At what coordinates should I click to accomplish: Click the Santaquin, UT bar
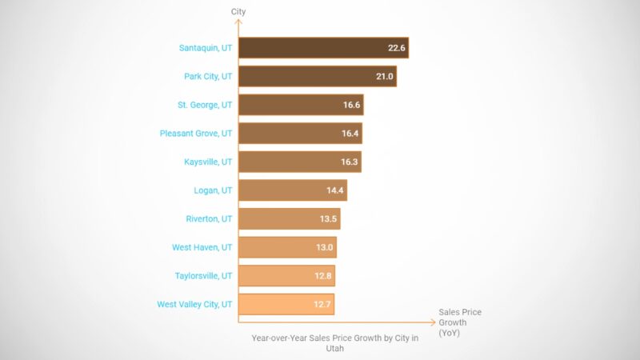(323, 48)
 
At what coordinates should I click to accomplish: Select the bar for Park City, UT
(318, 76)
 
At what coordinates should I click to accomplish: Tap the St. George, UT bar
(301, 105)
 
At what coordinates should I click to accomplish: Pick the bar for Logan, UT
(293, 190)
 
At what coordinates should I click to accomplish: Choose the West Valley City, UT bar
(286, 304)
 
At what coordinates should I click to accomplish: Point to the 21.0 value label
(385, 76)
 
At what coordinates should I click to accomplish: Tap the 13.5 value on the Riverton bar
(330, 219)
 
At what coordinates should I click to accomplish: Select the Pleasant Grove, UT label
(194, 134)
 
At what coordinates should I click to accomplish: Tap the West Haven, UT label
(202, 247)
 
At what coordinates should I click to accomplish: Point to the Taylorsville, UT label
(203, 276)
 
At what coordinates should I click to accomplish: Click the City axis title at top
(238, 12)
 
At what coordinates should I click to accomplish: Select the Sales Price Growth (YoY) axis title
(460, 322)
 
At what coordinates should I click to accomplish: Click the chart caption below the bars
(334, 343)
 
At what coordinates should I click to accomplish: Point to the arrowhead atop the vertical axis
(238, 23)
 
